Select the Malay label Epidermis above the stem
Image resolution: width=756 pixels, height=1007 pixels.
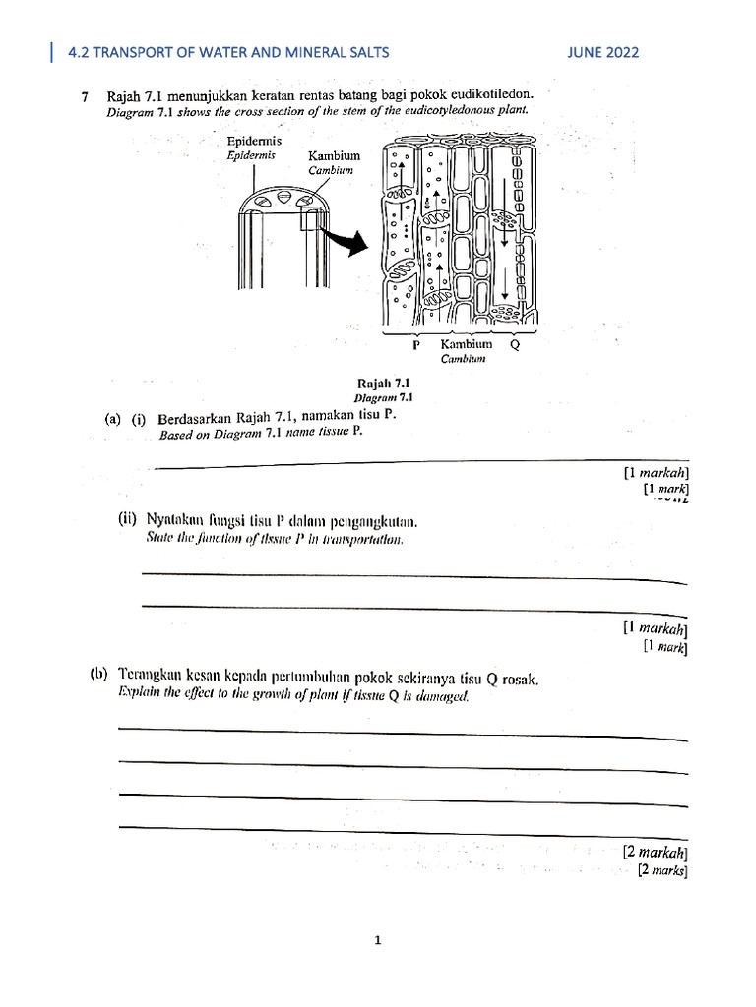point(255,141)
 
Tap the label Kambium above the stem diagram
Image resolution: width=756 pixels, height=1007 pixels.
point(335,156)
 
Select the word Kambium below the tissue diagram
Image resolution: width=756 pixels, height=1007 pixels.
point(466,345)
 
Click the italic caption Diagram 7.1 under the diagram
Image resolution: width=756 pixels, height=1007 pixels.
point(383,398)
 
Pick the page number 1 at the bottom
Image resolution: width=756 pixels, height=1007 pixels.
point(377,940)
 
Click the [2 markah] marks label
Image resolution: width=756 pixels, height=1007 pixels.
point(655,852)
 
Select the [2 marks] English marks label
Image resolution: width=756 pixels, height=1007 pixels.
point(661,870)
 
